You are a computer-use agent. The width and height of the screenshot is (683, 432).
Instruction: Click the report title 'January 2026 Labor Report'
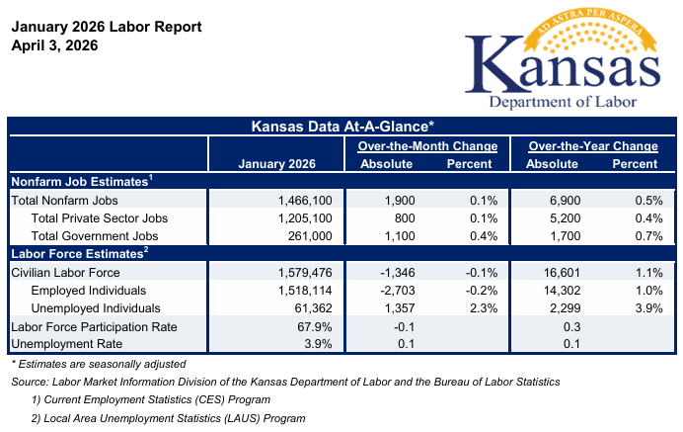(x=106, y=27)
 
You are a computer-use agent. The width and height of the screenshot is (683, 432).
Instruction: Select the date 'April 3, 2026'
(x=57, y=45)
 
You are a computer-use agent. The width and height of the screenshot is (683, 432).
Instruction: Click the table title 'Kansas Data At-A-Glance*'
(x=341, y=127)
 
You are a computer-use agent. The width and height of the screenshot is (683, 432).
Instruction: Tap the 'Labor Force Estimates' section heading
(x=79, y=253)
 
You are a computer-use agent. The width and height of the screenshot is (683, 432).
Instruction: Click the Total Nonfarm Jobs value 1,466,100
(x=307, y=200)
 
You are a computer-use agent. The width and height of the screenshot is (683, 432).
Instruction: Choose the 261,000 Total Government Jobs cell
(x=314, y=235)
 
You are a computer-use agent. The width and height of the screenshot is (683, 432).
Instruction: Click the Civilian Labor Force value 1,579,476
(x=307, y=272)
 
